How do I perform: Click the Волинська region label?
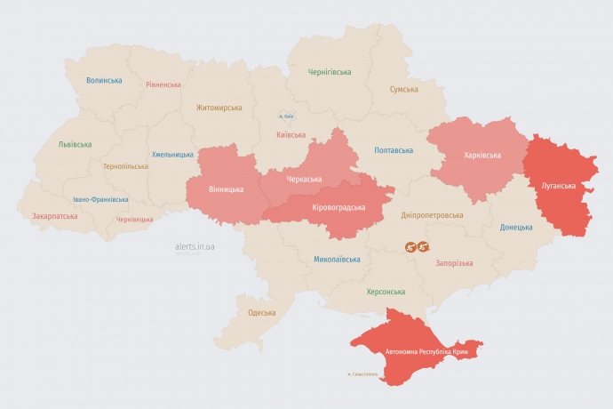pos(104,80)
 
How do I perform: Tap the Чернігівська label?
pos(330,72)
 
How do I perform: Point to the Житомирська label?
pos(219,108)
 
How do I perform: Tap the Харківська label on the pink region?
pos(482,155)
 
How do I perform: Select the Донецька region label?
pos(516,227)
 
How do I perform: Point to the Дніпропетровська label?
pos(433,215)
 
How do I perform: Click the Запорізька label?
pos(455,263)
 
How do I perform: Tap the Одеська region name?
pos(261,312)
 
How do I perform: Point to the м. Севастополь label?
pos(362,373)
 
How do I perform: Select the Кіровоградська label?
pos(339,207)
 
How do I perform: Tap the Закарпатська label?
pos(54,216)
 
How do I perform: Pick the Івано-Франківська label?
pos(100,199)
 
